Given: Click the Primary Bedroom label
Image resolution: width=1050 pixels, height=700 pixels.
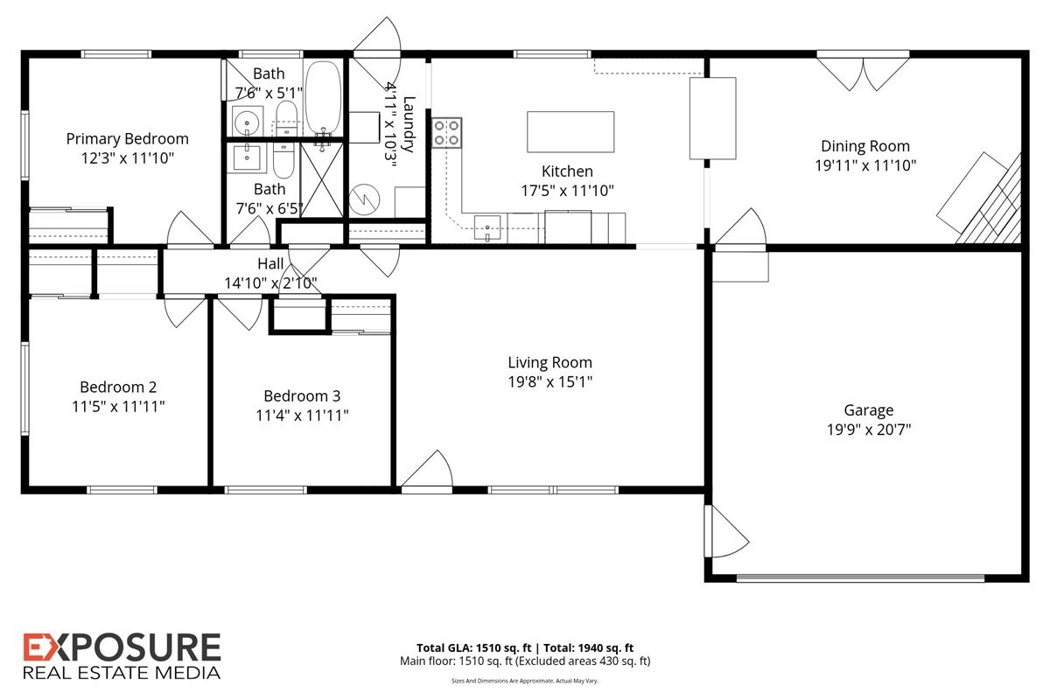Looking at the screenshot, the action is tap(127, 139).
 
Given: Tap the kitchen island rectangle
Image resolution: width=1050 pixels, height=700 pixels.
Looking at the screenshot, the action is tap(570, 132).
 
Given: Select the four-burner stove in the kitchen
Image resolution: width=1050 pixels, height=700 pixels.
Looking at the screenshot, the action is tap(447, 133).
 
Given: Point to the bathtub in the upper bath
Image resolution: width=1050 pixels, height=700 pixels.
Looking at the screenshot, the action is tap(323, 98).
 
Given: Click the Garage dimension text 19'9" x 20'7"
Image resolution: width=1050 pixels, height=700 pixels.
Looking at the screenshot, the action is tap(869, 430).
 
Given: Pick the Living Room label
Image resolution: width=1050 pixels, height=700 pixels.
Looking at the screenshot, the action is tap(549, 362).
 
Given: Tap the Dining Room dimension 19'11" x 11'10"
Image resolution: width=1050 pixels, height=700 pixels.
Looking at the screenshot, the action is tap(865, 165).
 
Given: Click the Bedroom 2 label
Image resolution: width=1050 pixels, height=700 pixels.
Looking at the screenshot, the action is tap(118, 387).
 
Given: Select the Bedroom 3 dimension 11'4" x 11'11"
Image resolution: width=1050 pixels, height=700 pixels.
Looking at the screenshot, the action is tap(302, 416).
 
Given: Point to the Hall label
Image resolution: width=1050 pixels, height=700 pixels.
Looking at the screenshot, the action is tap(270, 263).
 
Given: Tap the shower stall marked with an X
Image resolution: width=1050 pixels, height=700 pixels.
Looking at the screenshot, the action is tap(322, 180).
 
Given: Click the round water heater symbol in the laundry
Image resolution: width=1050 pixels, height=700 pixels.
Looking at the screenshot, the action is tap(364, 199).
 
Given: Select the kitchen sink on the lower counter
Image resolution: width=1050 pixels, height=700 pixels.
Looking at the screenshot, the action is tap(487, 227).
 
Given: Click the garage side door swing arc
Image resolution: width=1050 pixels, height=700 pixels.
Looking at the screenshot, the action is tap(728, 531).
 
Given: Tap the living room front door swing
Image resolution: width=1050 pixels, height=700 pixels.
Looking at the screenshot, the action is tap(428, 468).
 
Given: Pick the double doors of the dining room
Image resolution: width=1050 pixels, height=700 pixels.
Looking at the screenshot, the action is tap(863, 73).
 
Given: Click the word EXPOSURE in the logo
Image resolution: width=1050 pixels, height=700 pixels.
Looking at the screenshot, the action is tap(122, 647).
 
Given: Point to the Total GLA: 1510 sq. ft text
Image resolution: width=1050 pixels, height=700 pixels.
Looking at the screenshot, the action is tap(474, 648).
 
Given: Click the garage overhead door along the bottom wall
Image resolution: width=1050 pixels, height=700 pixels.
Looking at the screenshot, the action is tap(860, 578).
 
